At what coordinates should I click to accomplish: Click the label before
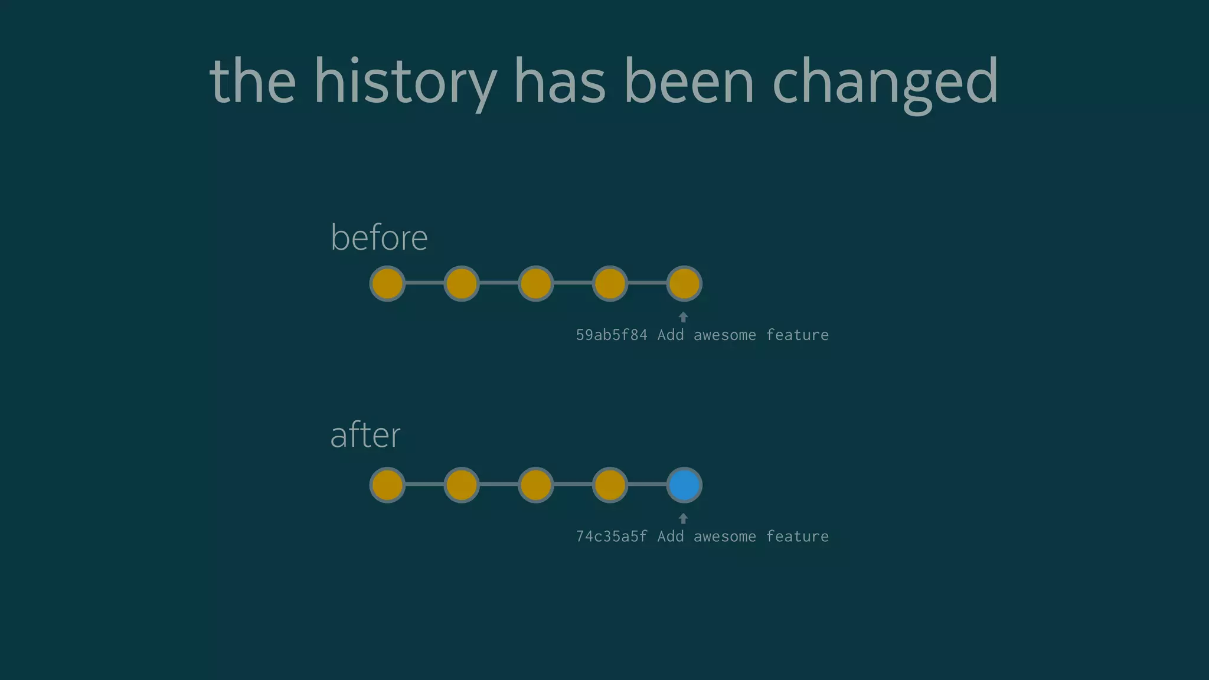(x=379, y=238)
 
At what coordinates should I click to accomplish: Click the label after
(x=365, y=435)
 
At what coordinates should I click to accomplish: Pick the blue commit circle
(x=684, y=485)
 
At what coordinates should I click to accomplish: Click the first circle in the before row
(x=387, y=283)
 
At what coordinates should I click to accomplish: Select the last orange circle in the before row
(x=684, y=283)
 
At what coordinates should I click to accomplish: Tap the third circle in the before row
(x=535, y=283)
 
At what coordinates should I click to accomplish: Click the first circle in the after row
(x=387, y=485)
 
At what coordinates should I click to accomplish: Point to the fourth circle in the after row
(x=610, y=485)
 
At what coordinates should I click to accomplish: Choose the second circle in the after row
(x=461, y=485)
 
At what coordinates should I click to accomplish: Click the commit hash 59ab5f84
(x=612, y=335)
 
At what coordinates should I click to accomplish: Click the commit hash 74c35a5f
(x=612, y=537)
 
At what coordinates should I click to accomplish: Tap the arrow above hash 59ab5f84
(x=683, y=317)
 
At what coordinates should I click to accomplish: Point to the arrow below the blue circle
(x=683, y=518)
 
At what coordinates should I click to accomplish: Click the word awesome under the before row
(x=724, y=335)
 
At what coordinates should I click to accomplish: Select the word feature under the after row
(x=797, y=537)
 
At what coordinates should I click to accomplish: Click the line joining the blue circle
(x=647, y=485)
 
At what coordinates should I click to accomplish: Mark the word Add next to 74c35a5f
(x=671, y=537)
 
